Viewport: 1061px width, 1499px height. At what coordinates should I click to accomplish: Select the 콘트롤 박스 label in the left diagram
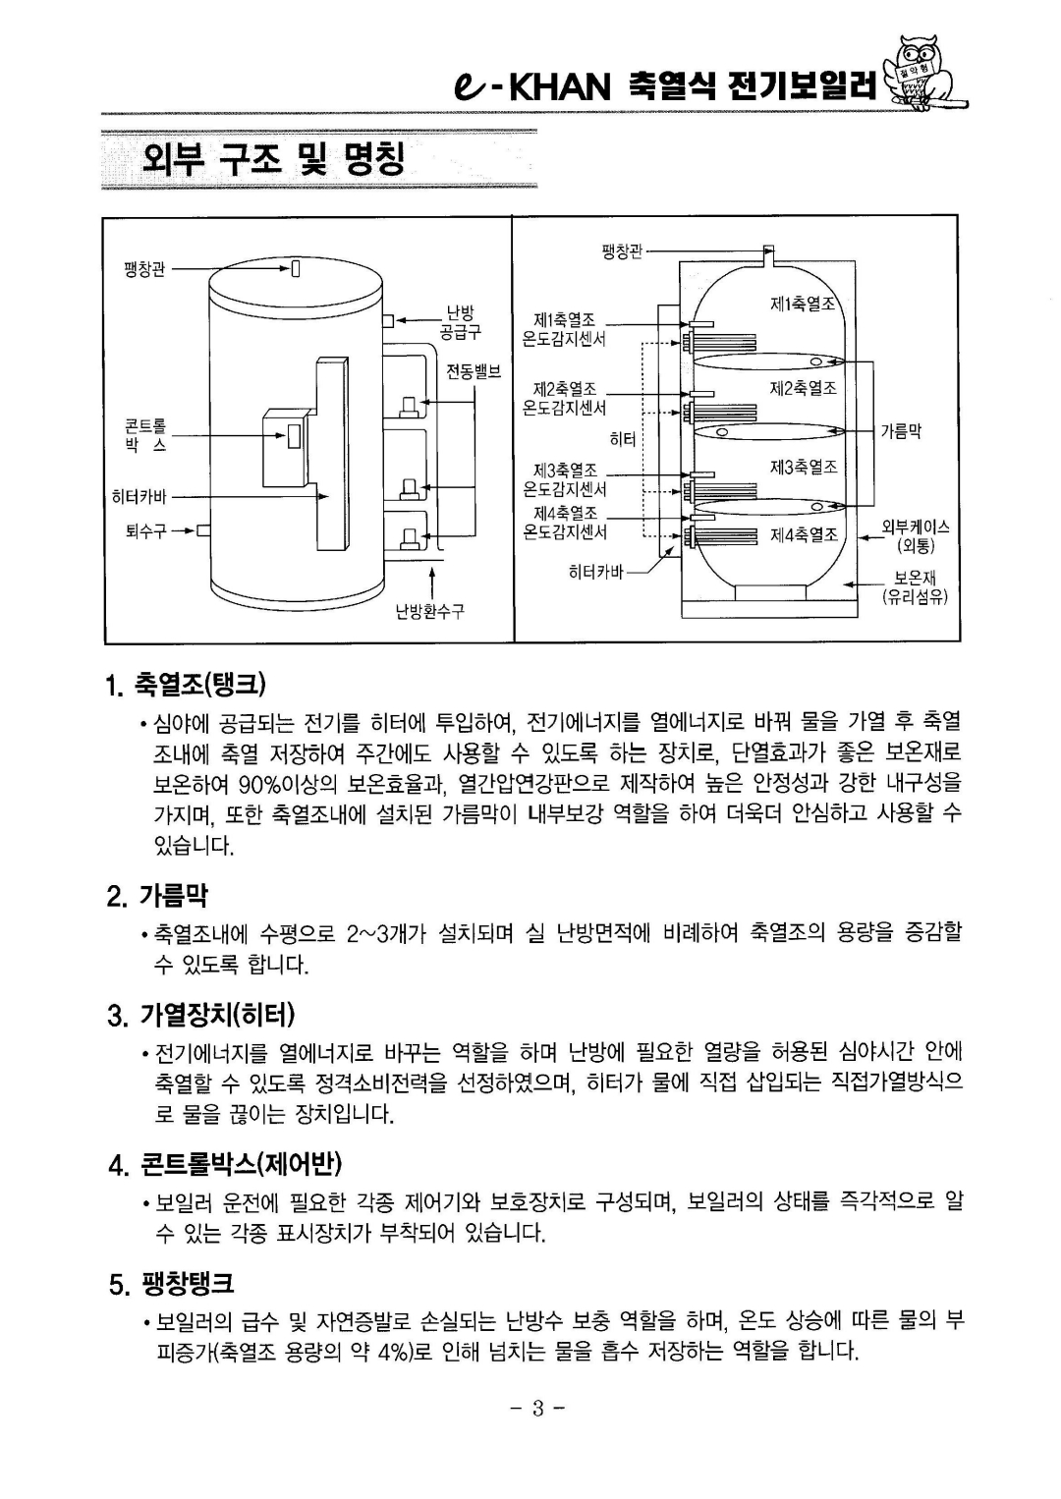tap(145, 434)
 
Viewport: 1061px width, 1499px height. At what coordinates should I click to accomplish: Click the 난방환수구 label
tap(429, 612)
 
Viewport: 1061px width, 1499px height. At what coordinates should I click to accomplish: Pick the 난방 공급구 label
tap(460, 323)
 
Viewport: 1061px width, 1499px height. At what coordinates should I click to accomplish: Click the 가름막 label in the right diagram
tap(900, 430)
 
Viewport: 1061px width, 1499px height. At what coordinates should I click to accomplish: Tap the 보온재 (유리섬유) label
tap(914, 587)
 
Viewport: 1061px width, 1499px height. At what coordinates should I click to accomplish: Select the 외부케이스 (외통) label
tap(914, 536)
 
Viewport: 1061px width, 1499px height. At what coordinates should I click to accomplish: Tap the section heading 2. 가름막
tap(173, 895)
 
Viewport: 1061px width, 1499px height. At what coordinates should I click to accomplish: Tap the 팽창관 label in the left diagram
tap(144, 266)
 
